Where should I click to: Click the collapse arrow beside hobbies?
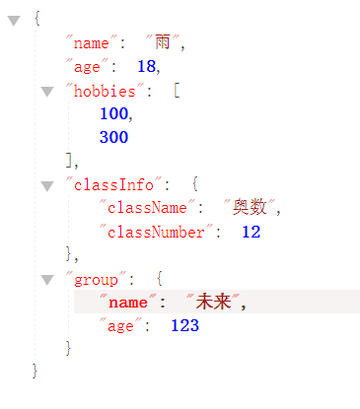(x=46, y=91)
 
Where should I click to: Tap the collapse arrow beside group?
(x=46, y=280)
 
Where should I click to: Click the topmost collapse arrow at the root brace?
(x=14, y=20)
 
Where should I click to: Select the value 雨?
(x=164, y=43)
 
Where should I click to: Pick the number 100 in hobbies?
(x=113, y=114)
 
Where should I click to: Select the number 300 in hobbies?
(x=113, y=138)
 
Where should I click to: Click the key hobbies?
(x=108, y=91)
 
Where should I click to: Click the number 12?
(x=251, y=233)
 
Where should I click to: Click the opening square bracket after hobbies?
(x=177, y=91)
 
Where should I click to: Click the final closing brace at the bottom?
(x=36, y=373)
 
